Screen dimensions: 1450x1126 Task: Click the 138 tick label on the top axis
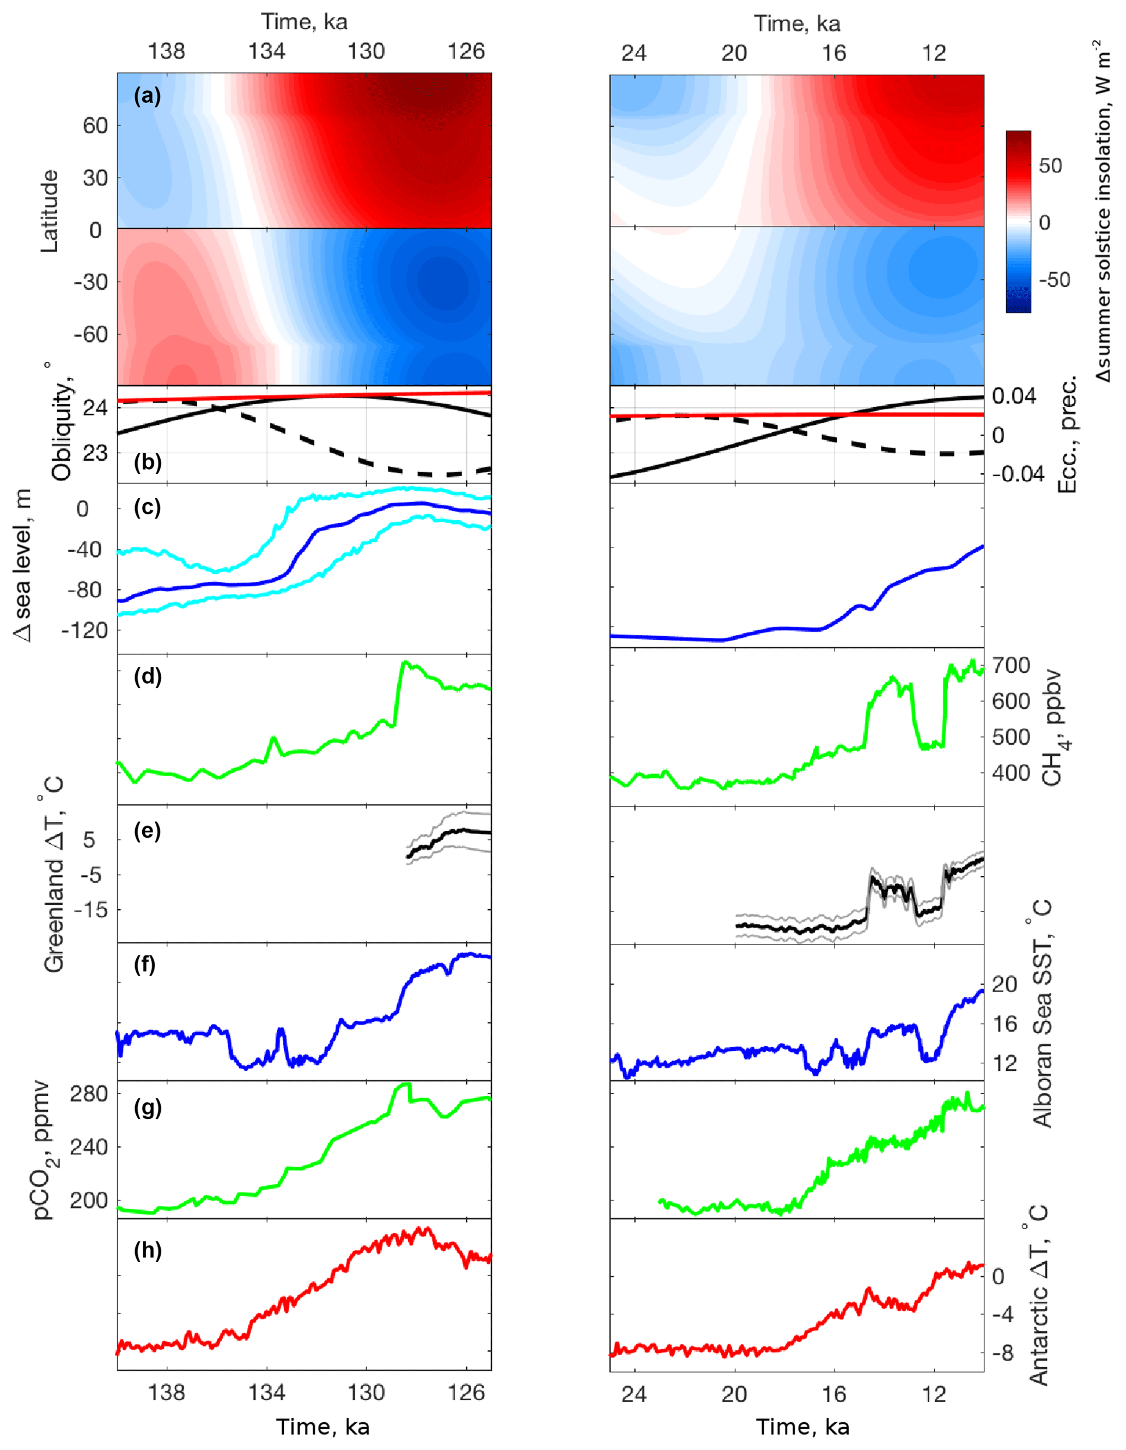click(166, 51)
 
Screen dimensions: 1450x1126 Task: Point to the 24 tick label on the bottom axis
click(634, 1394)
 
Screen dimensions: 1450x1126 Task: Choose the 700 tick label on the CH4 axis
click(1011, 665)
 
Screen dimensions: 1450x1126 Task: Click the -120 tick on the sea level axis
click(85, 630)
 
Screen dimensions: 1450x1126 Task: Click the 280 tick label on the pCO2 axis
click(89, 1093)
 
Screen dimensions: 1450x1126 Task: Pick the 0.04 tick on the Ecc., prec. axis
click(1013, 397)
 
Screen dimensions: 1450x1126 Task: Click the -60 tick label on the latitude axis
click(91, 334)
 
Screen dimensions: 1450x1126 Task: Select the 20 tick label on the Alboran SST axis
click(1005, 984)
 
